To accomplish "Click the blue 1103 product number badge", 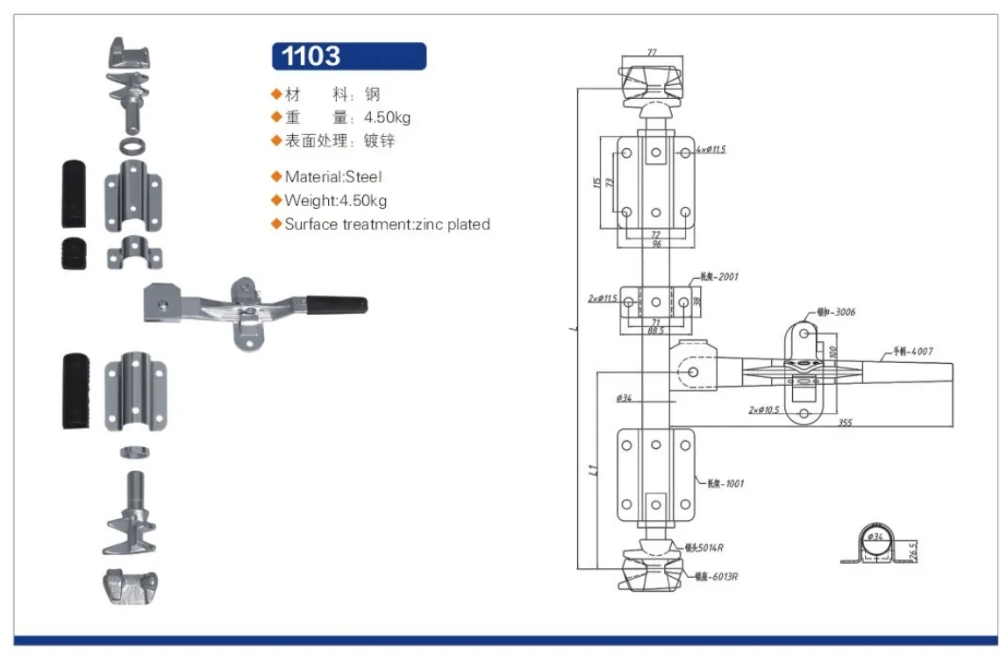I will (348, 56).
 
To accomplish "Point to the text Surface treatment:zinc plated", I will (387, 224).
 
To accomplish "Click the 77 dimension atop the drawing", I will (652, 53).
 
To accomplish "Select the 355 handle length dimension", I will (845, 423).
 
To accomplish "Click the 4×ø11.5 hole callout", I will (711, 149).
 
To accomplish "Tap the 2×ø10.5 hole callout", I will (765, 409).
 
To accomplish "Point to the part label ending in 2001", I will (719, 277).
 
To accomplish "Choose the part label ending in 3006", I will (835, 312).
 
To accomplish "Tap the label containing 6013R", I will (713, 577).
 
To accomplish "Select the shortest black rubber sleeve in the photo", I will (75, 253).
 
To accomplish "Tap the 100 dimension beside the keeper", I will (833, 351).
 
